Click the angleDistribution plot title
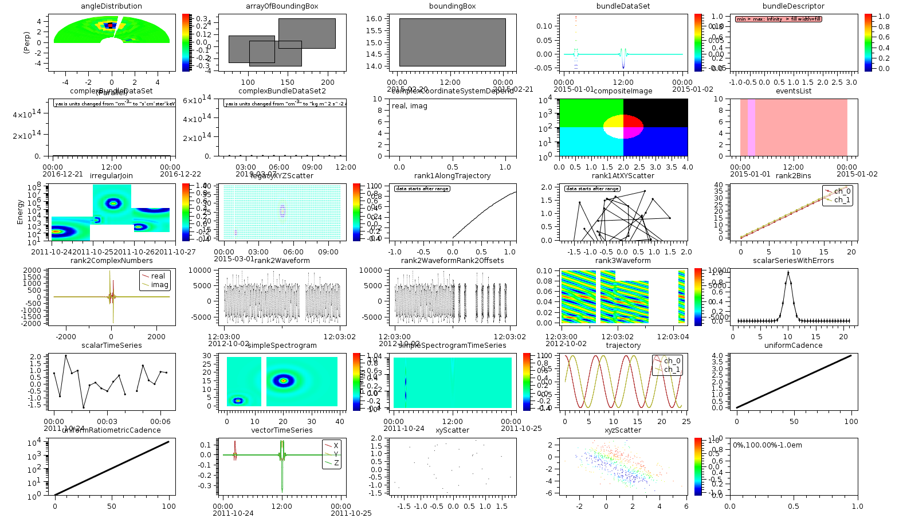[111, 6]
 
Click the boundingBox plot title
[452, 6]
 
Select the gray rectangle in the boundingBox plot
[452, 42]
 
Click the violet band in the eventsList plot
[751, 127]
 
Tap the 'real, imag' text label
[409, 106]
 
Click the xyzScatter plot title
[623, 430]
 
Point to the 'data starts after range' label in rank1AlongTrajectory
[422, 189]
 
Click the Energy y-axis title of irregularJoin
[21, 212]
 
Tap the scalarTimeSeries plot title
[111, 346]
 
